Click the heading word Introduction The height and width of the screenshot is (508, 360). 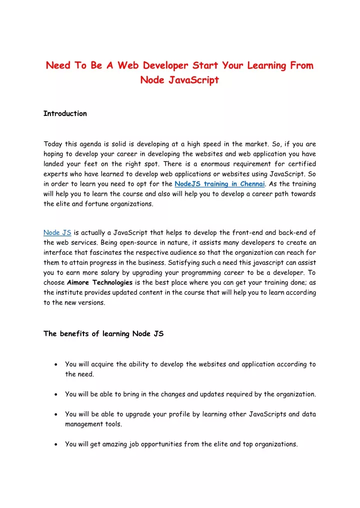click(65, 113)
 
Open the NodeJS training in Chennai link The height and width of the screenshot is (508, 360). click(219, 184)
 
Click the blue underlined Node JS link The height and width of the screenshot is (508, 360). click(57, 232)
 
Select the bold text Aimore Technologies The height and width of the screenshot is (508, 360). click(99, 283)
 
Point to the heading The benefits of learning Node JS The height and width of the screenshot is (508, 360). click(103, 334)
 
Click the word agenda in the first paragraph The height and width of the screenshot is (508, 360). click(94, 144)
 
